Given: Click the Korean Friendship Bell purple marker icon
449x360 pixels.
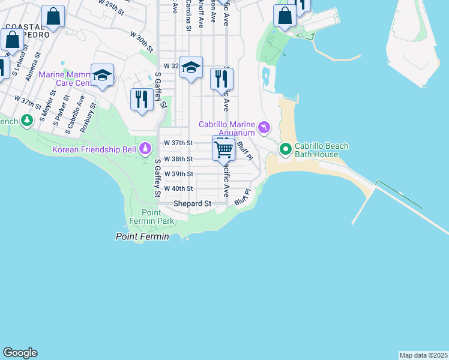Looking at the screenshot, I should click(145, 148).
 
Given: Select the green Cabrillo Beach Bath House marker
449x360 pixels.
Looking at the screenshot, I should click(286, 148).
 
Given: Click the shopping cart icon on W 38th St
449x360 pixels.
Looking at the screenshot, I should click(224, 149).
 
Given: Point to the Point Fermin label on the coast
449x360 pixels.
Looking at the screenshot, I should click(142, 237).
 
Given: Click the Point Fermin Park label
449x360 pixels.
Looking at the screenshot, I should click(158, 217).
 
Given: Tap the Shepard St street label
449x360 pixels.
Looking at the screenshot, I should click(193, 204).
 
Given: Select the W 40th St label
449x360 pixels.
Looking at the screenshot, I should click(178, 188).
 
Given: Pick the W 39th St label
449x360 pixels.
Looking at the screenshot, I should click(178, 174).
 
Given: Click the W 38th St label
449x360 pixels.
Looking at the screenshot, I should click(178, 159).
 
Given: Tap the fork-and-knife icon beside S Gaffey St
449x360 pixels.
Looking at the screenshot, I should click(142, 99).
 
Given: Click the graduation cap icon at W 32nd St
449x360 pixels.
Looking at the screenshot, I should click(191, 67).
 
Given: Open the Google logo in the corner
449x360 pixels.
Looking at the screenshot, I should click(20, 353).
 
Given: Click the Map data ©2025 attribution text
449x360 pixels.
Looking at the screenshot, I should click(423, 355).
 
